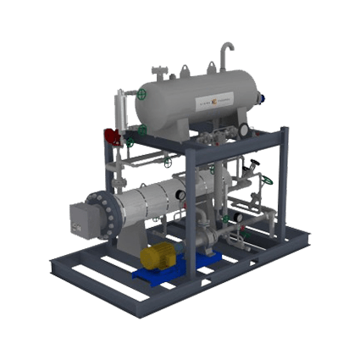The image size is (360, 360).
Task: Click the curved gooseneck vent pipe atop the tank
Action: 225,57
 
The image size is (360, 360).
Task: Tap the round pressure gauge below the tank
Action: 243,130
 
